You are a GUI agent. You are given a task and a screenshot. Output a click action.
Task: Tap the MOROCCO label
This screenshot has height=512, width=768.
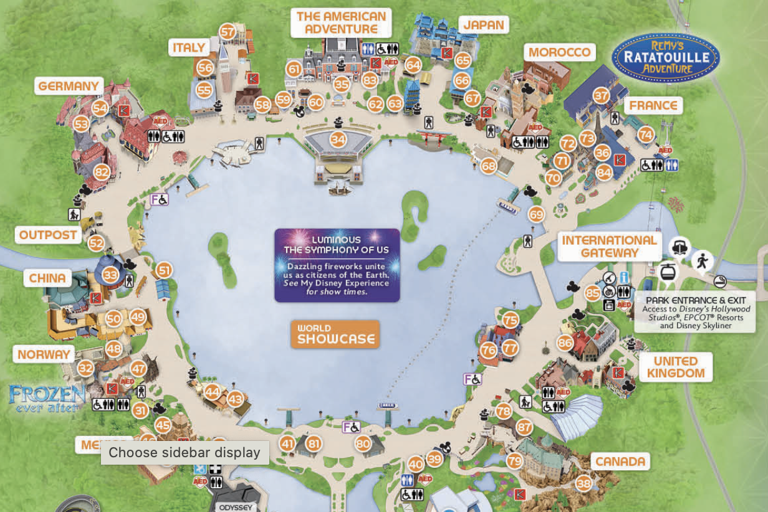[x=559, y=52]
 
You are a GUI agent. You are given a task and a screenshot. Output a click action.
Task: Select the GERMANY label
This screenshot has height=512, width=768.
[x=69, y=86]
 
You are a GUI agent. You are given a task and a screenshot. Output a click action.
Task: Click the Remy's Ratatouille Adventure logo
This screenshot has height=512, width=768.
[x=666, y=58]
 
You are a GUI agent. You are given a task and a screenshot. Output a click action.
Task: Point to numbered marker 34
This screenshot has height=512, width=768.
[x=338, y=139]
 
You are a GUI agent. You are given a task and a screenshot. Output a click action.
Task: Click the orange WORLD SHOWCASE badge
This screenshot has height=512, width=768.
[x=335, y=334]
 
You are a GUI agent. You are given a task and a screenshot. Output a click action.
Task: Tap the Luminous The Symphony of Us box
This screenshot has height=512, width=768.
[x=337, y=265]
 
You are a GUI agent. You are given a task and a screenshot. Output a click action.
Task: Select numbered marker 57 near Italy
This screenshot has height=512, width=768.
[x=228, y=32]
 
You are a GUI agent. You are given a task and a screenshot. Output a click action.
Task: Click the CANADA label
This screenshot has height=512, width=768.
[x=620, y=462]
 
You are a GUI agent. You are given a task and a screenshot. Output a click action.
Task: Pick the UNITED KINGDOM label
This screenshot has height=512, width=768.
[x=675, y=367]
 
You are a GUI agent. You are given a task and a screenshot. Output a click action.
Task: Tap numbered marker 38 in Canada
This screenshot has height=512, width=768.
[x=583, y=483]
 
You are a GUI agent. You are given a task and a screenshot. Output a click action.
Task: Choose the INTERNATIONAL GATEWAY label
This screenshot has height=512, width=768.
[x=609, y=247]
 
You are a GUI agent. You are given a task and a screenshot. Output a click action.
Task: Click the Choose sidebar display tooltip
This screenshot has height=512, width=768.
[x=185, y=452]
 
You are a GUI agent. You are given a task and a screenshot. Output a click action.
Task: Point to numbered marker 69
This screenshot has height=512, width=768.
[x=536, y=214]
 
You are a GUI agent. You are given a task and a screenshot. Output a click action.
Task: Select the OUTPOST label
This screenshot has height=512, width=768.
[x=48, y=235]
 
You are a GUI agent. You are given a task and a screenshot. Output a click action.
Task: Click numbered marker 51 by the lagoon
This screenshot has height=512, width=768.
[x=164, y=270]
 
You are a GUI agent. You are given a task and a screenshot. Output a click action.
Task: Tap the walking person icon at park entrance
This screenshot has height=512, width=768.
[x=703, y=260]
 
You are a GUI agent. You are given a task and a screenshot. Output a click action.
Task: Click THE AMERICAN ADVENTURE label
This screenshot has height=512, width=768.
[x=341, y=22]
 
